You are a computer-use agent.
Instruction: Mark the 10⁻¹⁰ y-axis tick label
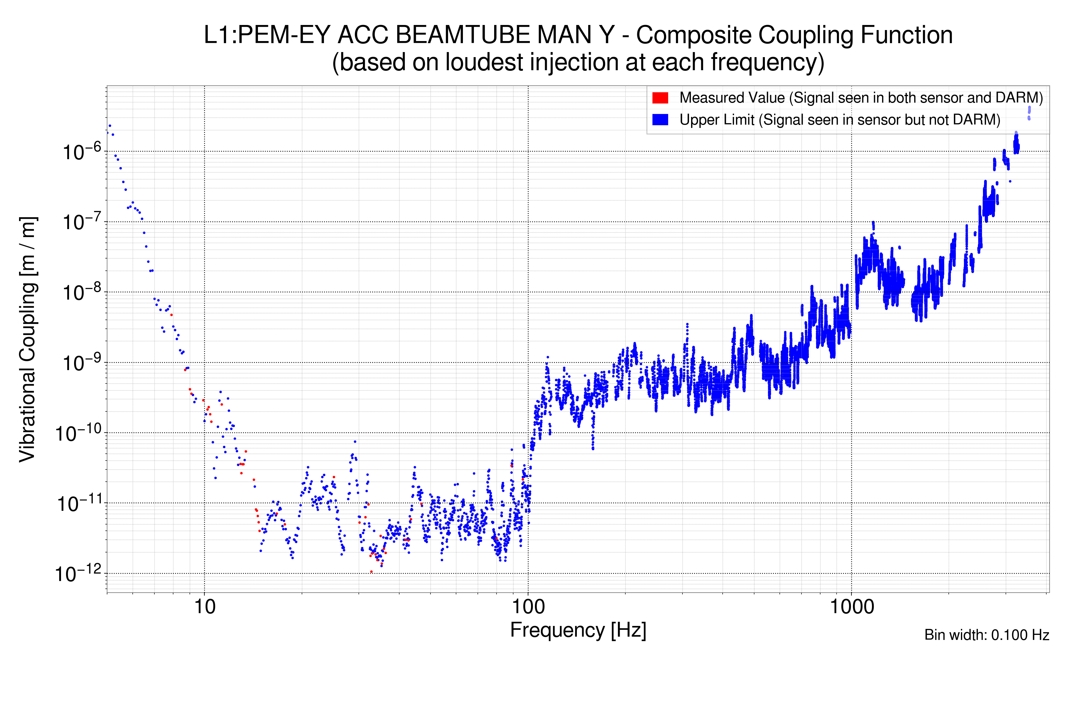click(78, 433)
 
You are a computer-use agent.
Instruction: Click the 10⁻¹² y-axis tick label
click(78, 574)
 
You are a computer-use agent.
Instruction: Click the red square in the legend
click(660, 98)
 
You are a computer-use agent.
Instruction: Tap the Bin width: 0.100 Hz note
click(986, 635)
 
